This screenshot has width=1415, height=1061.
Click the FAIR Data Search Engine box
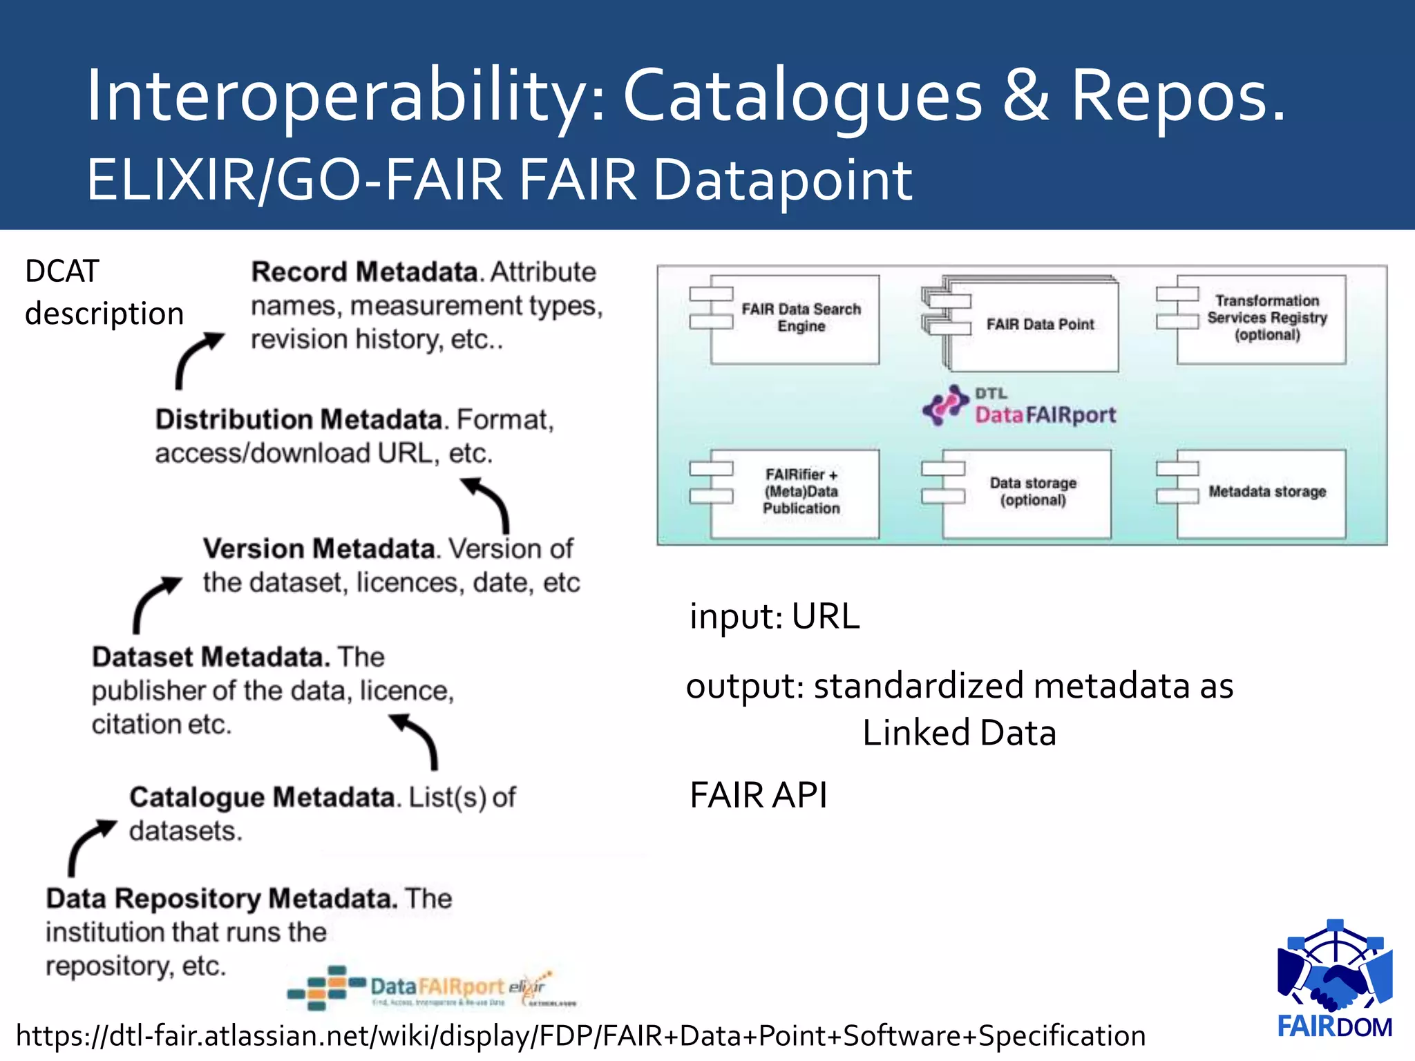pos(795,319)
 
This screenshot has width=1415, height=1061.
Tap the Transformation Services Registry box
pos(1261,319)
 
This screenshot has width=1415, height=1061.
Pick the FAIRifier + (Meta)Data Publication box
pos(795,493)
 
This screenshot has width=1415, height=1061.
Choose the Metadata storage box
pos(1261,493)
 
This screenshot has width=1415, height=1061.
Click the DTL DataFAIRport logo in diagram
pos(1020,406)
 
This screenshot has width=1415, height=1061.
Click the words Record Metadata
pos(365,272)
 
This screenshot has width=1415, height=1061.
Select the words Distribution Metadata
pos(298,420)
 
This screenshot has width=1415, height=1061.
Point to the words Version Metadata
pos(319,549)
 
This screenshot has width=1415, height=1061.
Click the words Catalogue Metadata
pos(262,797)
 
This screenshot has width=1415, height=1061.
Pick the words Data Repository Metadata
pos(221,899)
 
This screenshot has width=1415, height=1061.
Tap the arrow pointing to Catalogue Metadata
pos(90,846)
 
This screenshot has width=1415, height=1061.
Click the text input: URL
pos(775,616)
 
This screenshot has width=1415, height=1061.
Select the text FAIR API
pos(758,795)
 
